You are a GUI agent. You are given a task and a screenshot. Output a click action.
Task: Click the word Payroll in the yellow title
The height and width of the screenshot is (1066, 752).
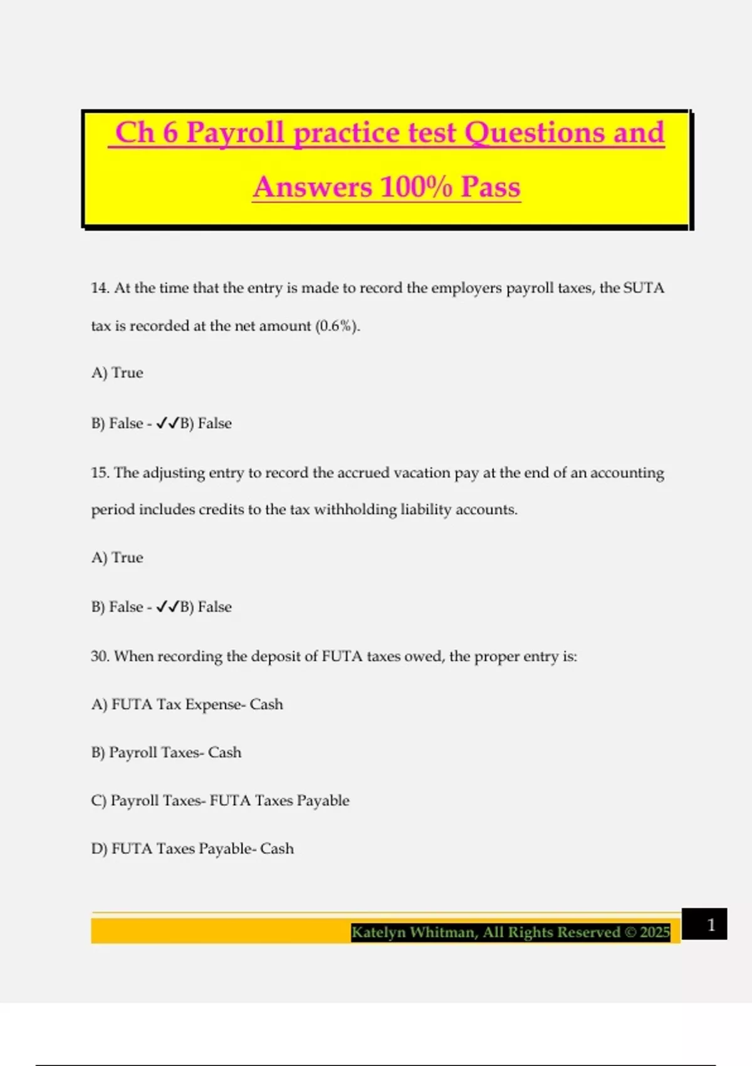click(x=236, y=134)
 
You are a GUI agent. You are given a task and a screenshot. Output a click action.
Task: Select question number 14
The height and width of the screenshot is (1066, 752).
click(x=100, y=288)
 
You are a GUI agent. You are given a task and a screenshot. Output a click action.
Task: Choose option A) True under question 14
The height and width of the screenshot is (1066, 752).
click(x=117, y=373)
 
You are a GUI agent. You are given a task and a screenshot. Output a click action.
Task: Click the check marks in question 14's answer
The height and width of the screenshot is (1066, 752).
click(x=168, y=424)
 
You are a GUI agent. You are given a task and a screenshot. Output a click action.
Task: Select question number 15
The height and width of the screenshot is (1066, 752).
click(x=100, y=473)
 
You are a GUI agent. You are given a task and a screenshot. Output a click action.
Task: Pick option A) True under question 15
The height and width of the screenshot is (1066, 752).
click(x=117, y=557)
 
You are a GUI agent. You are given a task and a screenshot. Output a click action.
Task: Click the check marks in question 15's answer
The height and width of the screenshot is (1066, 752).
click(x=168, y=607)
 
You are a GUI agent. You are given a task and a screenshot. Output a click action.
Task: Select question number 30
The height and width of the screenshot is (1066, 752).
click(x=100, y=657)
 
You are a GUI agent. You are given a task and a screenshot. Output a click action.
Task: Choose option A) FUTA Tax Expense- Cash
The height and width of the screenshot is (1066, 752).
click(x=187, y=705)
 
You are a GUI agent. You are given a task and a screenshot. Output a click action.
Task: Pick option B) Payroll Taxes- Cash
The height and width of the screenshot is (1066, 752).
click(x=166, y=752)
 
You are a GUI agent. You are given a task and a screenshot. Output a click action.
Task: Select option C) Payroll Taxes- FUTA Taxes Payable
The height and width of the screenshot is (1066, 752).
click(x=220, y=801)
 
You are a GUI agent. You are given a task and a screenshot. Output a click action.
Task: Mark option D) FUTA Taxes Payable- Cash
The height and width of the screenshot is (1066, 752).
click(x=192, y=849)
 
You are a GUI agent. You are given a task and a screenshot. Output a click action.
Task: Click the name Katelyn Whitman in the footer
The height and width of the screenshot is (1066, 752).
click(x=414, y=932)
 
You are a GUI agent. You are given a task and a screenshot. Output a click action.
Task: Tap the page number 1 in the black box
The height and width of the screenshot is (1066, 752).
click(x=711, y=925)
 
